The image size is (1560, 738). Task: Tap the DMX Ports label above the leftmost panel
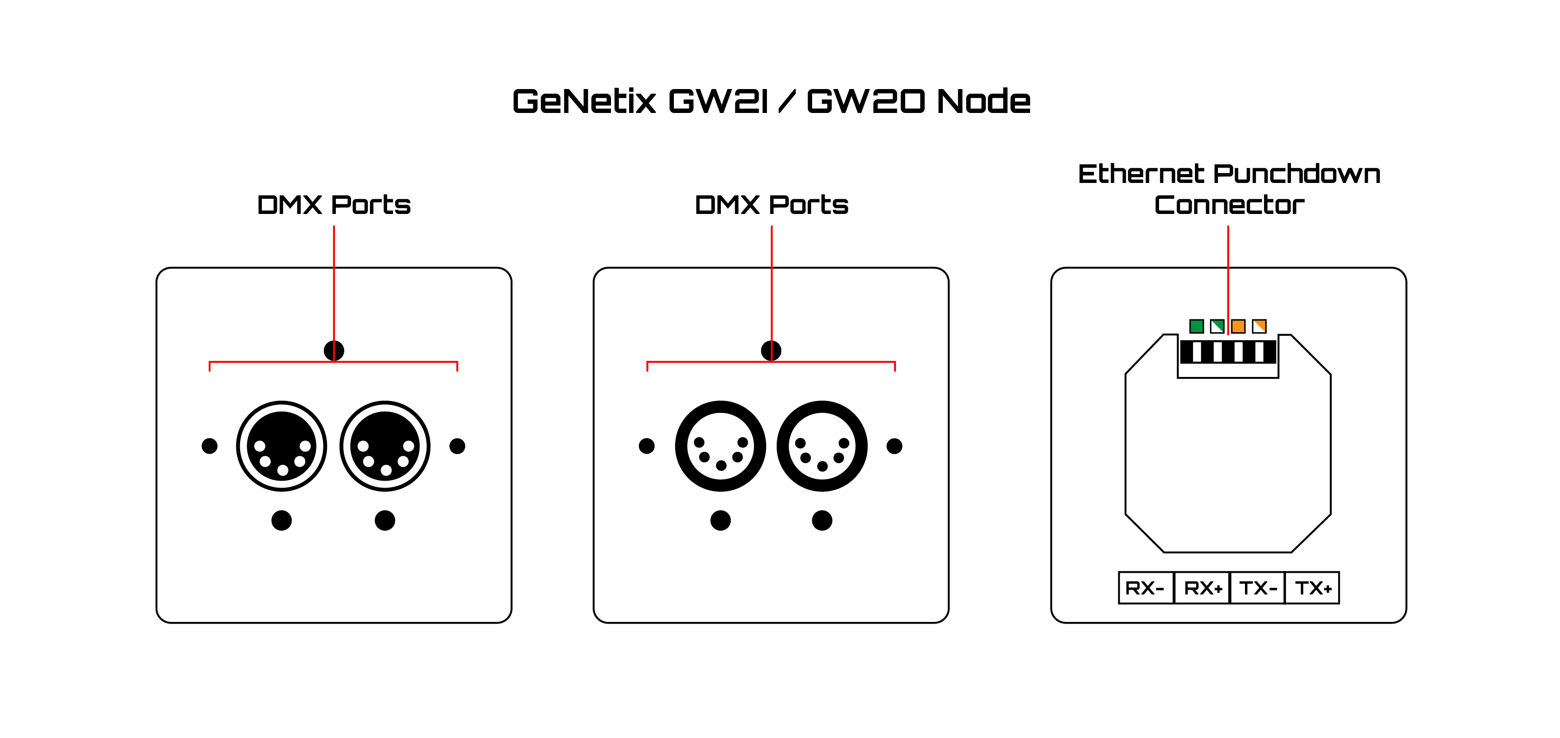click(334, 205)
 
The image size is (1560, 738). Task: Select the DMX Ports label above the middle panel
click(771, 205)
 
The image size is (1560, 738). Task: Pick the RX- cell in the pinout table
click(1146, 588)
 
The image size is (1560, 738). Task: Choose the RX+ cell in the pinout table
click(1202, 588)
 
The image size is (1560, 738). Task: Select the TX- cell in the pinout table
click(1258, 588)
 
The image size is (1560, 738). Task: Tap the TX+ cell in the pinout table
click(1312, 588)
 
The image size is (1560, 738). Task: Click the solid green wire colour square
click(1197, 326)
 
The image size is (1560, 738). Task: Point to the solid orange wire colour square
click(1238, 326)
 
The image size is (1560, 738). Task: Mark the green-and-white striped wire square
click(1217, 326)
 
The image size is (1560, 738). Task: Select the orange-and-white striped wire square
click(1260, 326)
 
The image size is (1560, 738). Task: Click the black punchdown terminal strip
click(1228, 352)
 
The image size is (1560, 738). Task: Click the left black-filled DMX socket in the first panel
click(282, 446)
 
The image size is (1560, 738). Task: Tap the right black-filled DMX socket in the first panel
click(385, 446)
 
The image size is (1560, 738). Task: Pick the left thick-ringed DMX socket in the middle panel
click(721, 446)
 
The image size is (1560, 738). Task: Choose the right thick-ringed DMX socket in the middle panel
click(822, 446)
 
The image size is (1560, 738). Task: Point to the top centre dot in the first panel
click(334, 350)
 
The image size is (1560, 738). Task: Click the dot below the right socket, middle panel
click(822, 520)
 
